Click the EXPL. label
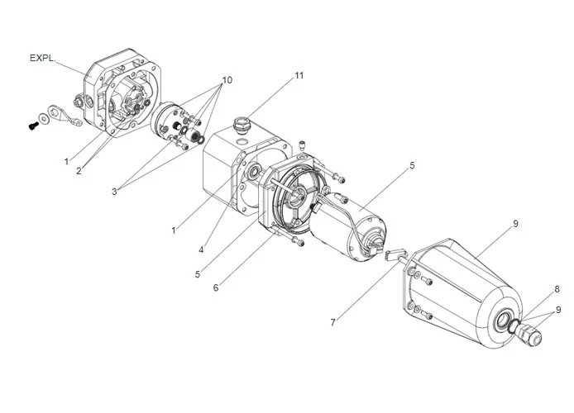tap(42, 59)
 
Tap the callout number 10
tap(226, 80)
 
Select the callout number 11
tap(299, 76)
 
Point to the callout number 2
tap(79, 171)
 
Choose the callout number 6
tap(216, 287)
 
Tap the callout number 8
tap(557, 289)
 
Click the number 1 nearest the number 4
tap(174, 230)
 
